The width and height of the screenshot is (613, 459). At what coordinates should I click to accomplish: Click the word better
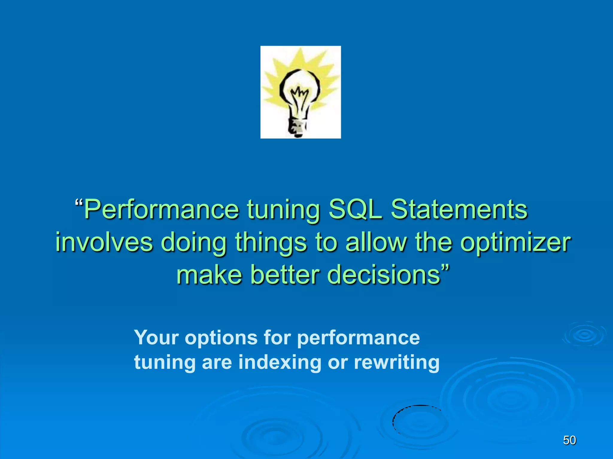tap(285, 275)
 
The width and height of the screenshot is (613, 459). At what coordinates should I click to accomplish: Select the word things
tap(271, 243)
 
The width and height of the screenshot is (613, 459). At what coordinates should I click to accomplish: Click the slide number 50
tap(569, 440)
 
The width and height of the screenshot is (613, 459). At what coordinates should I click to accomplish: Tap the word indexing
tap(280, 363)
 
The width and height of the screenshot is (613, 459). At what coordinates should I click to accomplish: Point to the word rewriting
tap(397, 363)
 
